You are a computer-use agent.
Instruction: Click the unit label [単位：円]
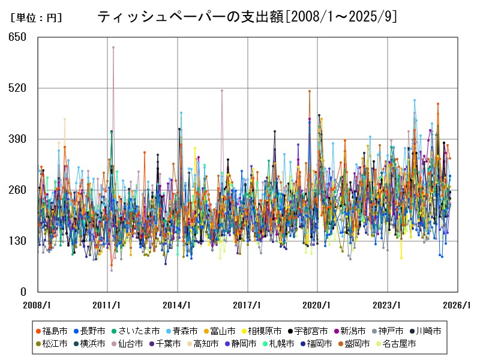(x=36, y=18)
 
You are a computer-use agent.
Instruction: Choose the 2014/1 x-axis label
(x=178, y=305)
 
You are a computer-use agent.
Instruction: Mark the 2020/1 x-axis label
(x=318, y=305)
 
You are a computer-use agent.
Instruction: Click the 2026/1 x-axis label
(x=458, y=305)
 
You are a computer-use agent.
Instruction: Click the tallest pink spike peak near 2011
(x=113, y=47)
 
